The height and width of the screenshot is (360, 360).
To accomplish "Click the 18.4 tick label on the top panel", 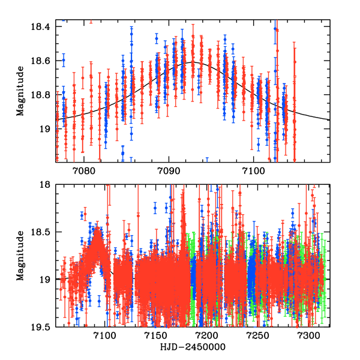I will [43, 27].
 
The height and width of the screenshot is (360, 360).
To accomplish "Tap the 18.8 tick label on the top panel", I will [43, 95].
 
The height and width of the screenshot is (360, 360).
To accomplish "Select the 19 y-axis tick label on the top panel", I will [46, 128].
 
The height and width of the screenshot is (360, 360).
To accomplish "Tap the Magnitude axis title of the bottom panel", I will [20, 257].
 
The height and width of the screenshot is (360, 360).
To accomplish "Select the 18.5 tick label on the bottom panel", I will [43, 232].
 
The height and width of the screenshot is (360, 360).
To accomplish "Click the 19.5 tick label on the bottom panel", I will [43, 327].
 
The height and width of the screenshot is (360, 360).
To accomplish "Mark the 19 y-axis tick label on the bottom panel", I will [46, 280].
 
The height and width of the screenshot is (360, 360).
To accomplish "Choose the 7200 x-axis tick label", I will [207, 337].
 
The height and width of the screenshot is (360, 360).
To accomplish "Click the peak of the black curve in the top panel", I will [193, 62].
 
